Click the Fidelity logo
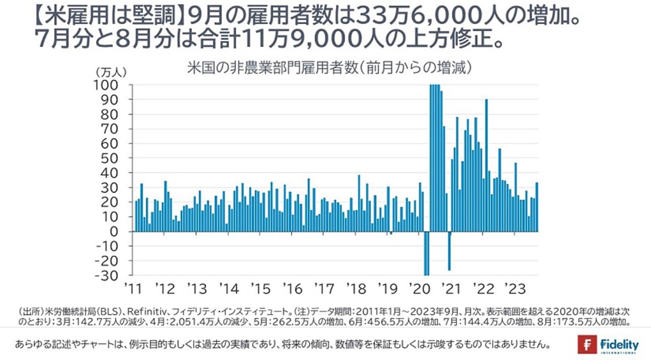click(x=608, y=345)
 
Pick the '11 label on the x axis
click(x=133, y=289)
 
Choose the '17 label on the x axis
click(x=324, y=289)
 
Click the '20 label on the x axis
click(x=420, y=289)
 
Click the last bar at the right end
click(x=537, y=207)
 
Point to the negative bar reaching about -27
click(x=449, y=251)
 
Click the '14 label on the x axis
click(x=229, y=289)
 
